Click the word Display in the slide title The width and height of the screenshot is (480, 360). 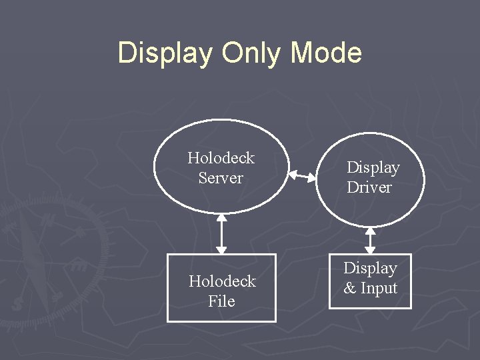click(x=164, y=53)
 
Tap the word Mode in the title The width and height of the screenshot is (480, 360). click(x=327, y=53)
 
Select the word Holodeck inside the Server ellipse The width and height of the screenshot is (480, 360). click(x=221, y=158)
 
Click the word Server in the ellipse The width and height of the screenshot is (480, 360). click(x=221, y=178)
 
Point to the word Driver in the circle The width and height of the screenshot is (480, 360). click(x=369, y=187)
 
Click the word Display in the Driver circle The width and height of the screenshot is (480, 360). click(x=373, y=167)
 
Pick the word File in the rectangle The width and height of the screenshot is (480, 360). click(x=221, y=301)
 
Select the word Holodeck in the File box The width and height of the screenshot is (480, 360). click(x=222, y=281)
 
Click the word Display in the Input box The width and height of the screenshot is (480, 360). click(x=370, y=268)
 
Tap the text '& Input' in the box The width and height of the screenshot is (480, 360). click(x=370, y=288)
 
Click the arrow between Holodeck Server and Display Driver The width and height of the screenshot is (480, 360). click(x=302, y=177)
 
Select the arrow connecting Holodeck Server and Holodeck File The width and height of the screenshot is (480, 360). click(x=222, y=233)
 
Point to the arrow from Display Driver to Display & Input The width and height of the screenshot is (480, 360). click(x=370, y=240)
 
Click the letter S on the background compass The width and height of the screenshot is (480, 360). click(x=16, y=303)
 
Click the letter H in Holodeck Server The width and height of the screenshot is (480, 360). click(x=193, y=158)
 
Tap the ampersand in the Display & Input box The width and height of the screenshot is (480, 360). click(x=349, y=289)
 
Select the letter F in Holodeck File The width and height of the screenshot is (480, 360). click(x=213, y=301)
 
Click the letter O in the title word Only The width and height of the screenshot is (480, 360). click(x=231, y=53)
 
